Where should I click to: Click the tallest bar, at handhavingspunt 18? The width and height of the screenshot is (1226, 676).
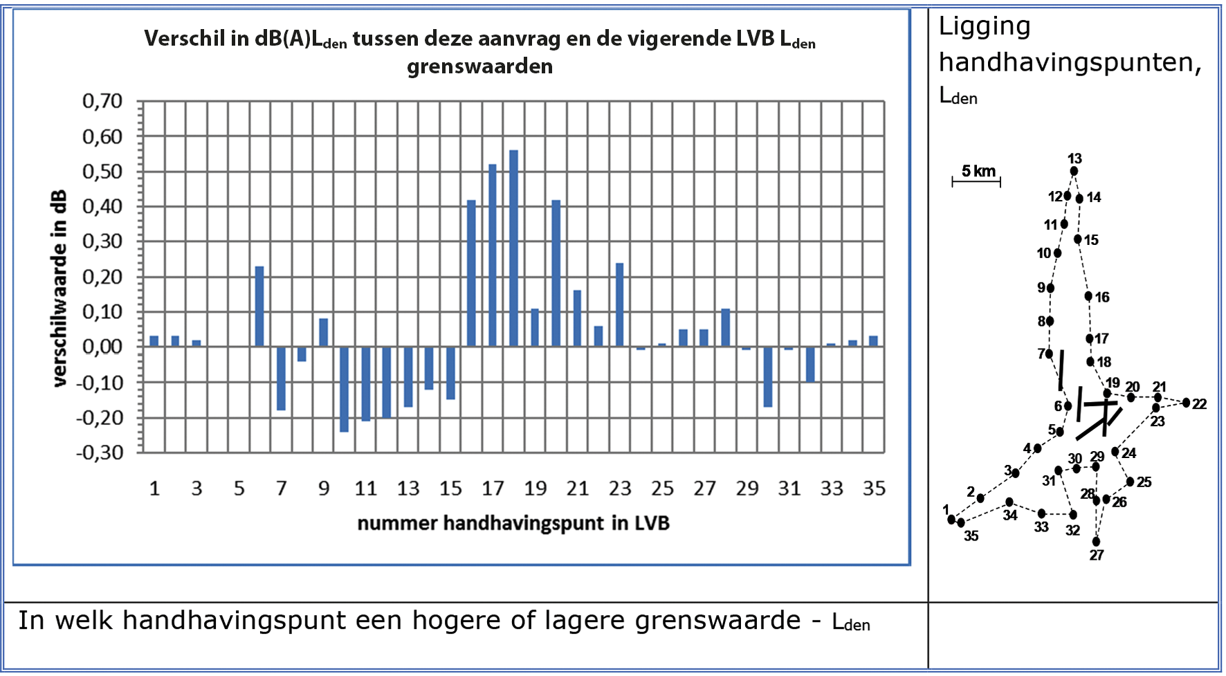(x=513, y=248)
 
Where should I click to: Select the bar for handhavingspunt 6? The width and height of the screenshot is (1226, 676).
(x=259, y=306)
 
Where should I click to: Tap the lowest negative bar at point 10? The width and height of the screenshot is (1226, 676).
(x=344, y=389)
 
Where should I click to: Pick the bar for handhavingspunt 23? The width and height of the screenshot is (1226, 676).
(x=619, y=304)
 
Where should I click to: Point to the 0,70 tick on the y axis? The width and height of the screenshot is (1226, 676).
(x=102, y=102)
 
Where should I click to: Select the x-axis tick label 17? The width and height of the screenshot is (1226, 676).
(x=493, y=489)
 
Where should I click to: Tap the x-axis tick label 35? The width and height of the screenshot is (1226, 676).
(x=874, y=489)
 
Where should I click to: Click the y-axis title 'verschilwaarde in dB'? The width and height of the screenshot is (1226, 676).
(x=60, y=288)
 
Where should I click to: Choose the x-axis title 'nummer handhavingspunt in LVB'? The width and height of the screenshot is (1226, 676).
(x=513, y=523)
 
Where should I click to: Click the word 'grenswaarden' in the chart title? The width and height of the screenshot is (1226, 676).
(x=479, y=66)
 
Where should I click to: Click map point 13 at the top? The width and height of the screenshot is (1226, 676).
(x=1074, y=171)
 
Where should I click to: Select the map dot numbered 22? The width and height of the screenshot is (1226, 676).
(x=1186, y=403)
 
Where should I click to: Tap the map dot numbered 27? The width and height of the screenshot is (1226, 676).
(x=1096, y=542)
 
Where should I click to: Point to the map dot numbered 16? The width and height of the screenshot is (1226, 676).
(x=1088, y=296)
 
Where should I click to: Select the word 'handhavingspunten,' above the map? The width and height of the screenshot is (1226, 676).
(x=1070, y=63)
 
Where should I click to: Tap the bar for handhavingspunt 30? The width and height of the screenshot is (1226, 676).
(x=768, y=376)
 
